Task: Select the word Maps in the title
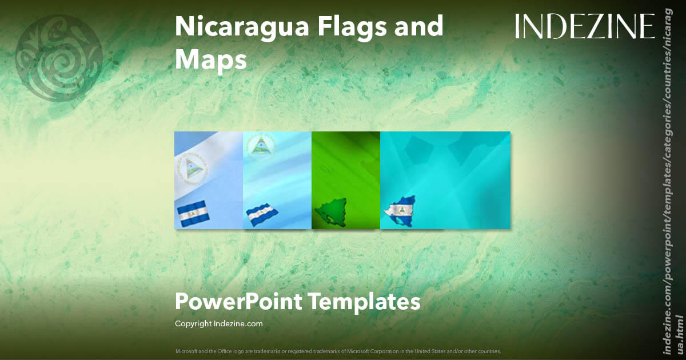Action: pos(210,59)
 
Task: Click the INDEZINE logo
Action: pos(584,27)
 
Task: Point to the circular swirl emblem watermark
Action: pos(59,58)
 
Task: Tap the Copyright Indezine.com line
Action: pos(218,323)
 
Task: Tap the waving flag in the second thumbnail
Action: pos(262,214)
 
